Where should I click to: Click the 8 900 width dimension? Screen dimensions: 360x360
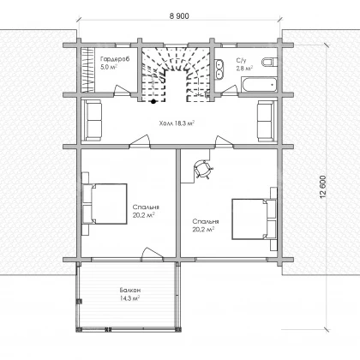[x=179, y=16]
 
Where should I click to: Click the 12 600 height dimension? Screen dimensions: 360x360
[x=323, y=187]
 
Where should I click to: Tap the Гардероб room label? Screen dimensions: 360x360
[x=115, y=59]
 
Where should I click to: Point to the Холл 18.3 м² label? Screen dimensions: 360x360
[x=177, y=123]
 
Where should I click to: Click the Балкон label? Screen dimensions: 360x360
[x=130, y=290]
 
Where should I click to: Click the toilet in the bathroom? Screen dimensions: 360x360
[x=269, y=62]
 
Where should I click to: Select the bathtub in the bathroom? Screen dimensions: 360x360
[x=259, y=84]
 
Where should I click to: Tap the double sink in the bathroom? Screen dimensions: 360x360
[x=219, y=69]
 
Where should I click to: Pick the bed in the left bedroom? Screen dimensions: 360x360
[x=105, y=204]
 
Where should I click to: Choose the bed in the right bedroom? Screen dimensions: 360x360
[x=255, y=219]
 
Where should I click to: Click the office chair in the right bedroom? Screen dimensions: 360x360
[x=203, y=169]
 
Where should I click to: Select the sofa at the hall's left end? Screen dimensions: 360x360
[x=92, y=120]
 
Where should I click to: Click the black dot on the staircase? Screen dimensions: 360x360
[x=153, y=101]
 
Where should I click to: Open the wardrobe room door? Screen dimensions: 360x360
[x=122, y=90]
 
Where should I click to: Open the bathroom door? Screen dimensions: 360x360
[x=230, y=90]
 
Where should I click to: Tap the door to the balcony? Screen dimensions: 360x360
[x=153, y=254]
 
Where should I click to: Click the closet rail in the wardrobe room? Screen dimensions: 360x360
[x=88, y=70]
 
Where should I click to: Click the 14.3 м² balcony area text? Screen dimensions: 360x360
[x=130, y=298]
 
